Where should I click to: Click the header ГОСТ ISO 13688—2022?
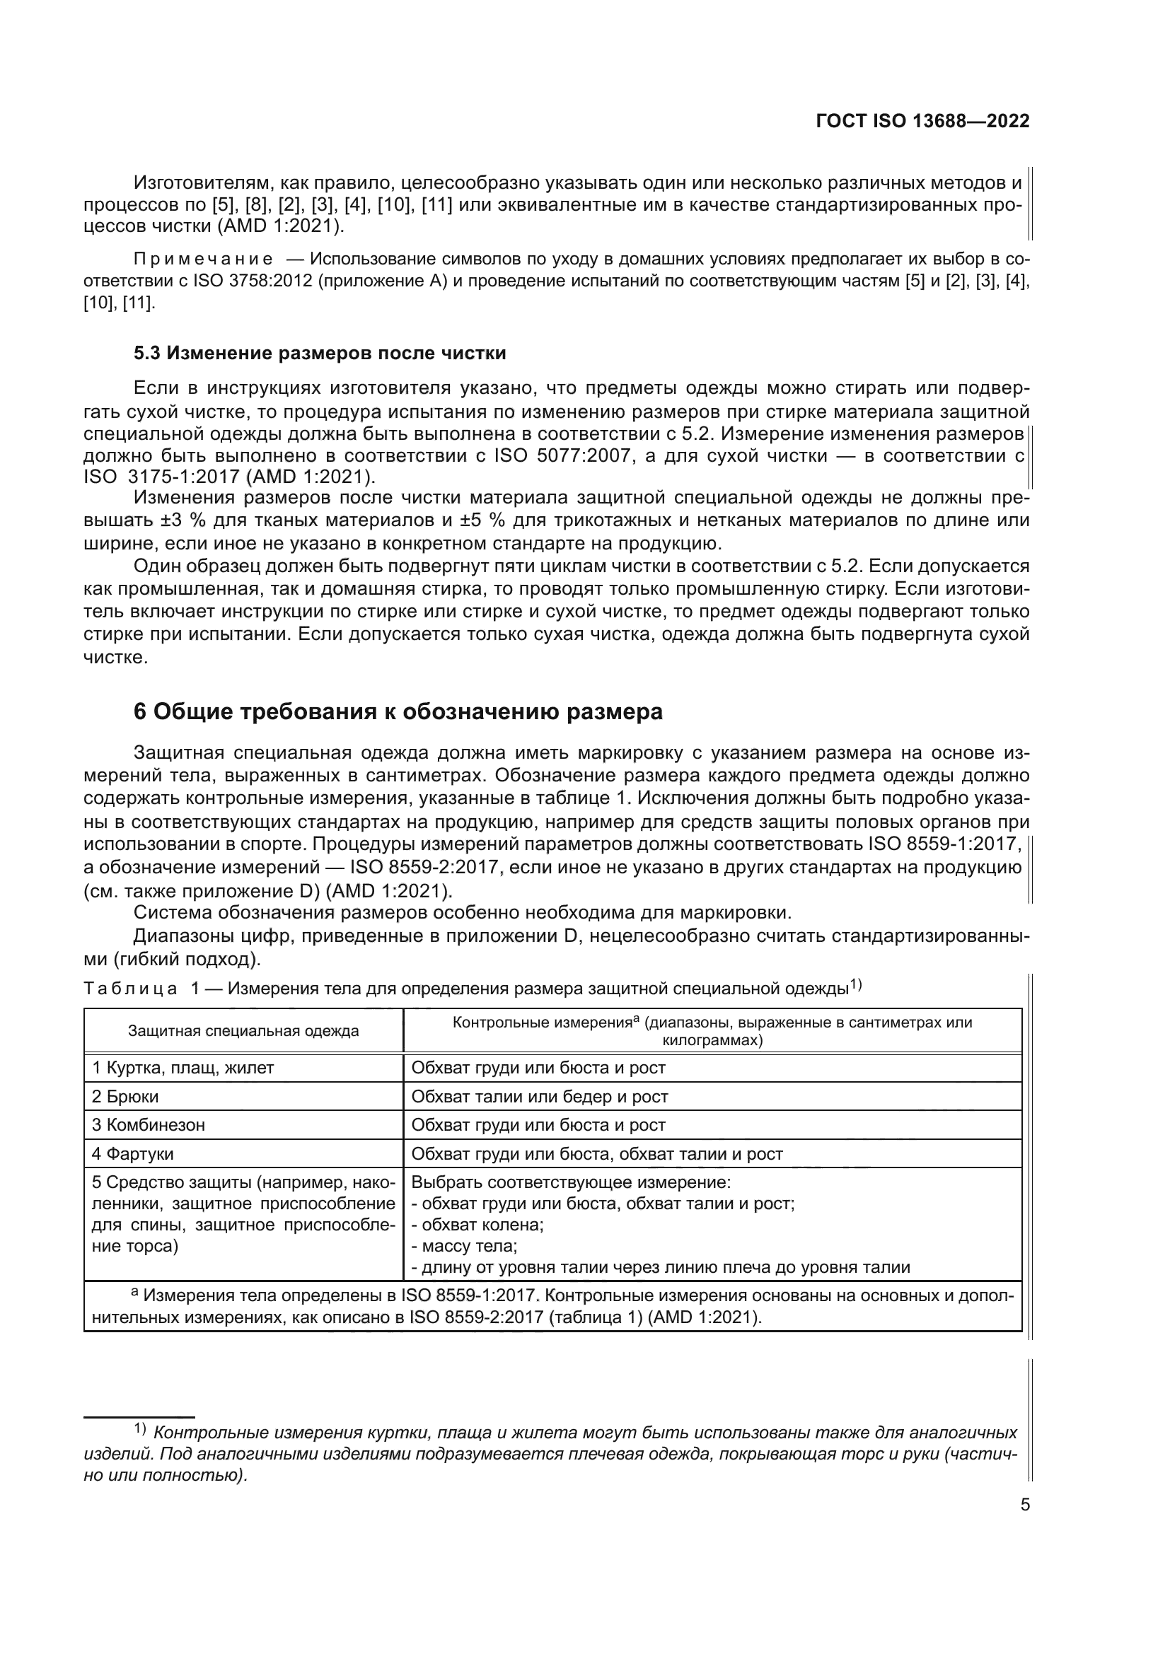tap(922, 121)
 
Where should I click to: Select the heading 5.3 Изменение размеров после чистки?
tap(320, 353)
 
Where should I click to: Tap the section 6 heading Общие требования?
tap(398, 712)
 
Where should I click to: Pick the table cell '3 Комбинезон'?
tap(149, 1124)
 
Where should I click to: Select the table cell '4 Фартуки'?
tap(132, 1153)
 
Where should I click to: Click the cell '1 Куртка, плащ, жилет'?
tap(183, 1068)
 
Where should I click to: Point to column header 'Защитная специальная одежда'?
tap(243, 1031)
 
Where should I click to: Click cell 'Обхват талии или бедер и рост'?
tap(540, 1097)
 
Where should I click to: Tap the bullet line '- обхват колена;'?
tap(477, 1225)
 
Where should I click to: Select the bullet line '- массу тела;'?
tap(465, 1245)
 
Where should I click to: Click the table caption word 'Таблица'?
tap(130, 989)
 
